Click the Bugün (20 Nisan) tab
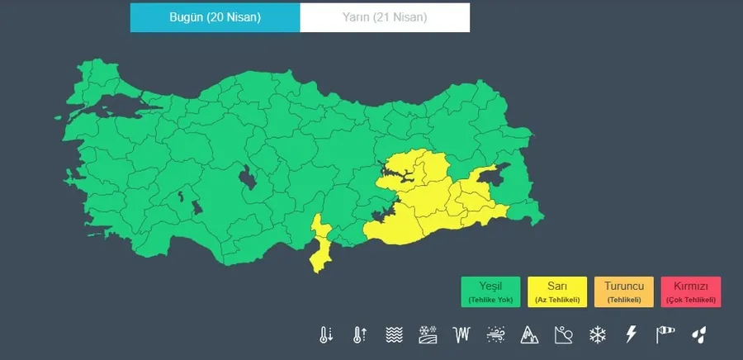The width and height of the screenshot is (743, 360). (215, 17)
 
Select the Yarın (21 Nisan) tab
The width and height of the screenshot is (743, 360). (385, 17)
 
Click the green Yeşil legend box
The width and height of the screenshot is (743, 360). (490, 291)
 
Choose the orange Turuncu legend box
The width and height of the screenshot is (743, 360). (623, 291)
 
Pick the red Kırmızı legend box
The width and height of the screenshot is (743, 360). (690, 291)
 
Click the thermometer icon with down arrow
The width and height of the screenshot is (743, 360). (325, 334)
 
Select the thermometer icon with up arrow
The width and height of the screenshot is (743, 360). (359, 334)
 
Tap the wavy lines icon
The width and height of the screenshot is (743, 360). (393, 334)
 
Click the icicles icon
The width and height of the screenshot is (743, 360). (461, 334)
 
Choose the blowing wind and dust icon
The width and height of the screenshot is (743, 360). (495, 334)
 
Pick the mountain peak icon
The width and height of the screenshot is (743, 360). (529, 334)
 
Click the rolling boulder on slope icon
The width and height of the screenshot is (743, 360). (563, 334)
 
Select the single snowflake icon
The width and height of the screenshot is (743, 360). (597, 334)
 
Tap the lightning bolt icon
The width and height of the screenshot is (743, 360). (631, 334)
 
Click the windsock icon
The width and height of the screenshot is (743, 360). (665, 334)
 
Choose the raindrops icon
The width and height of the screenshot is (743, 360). (699, 334)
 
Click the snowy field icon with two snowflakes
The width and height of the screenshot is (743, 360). (427, 334)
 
